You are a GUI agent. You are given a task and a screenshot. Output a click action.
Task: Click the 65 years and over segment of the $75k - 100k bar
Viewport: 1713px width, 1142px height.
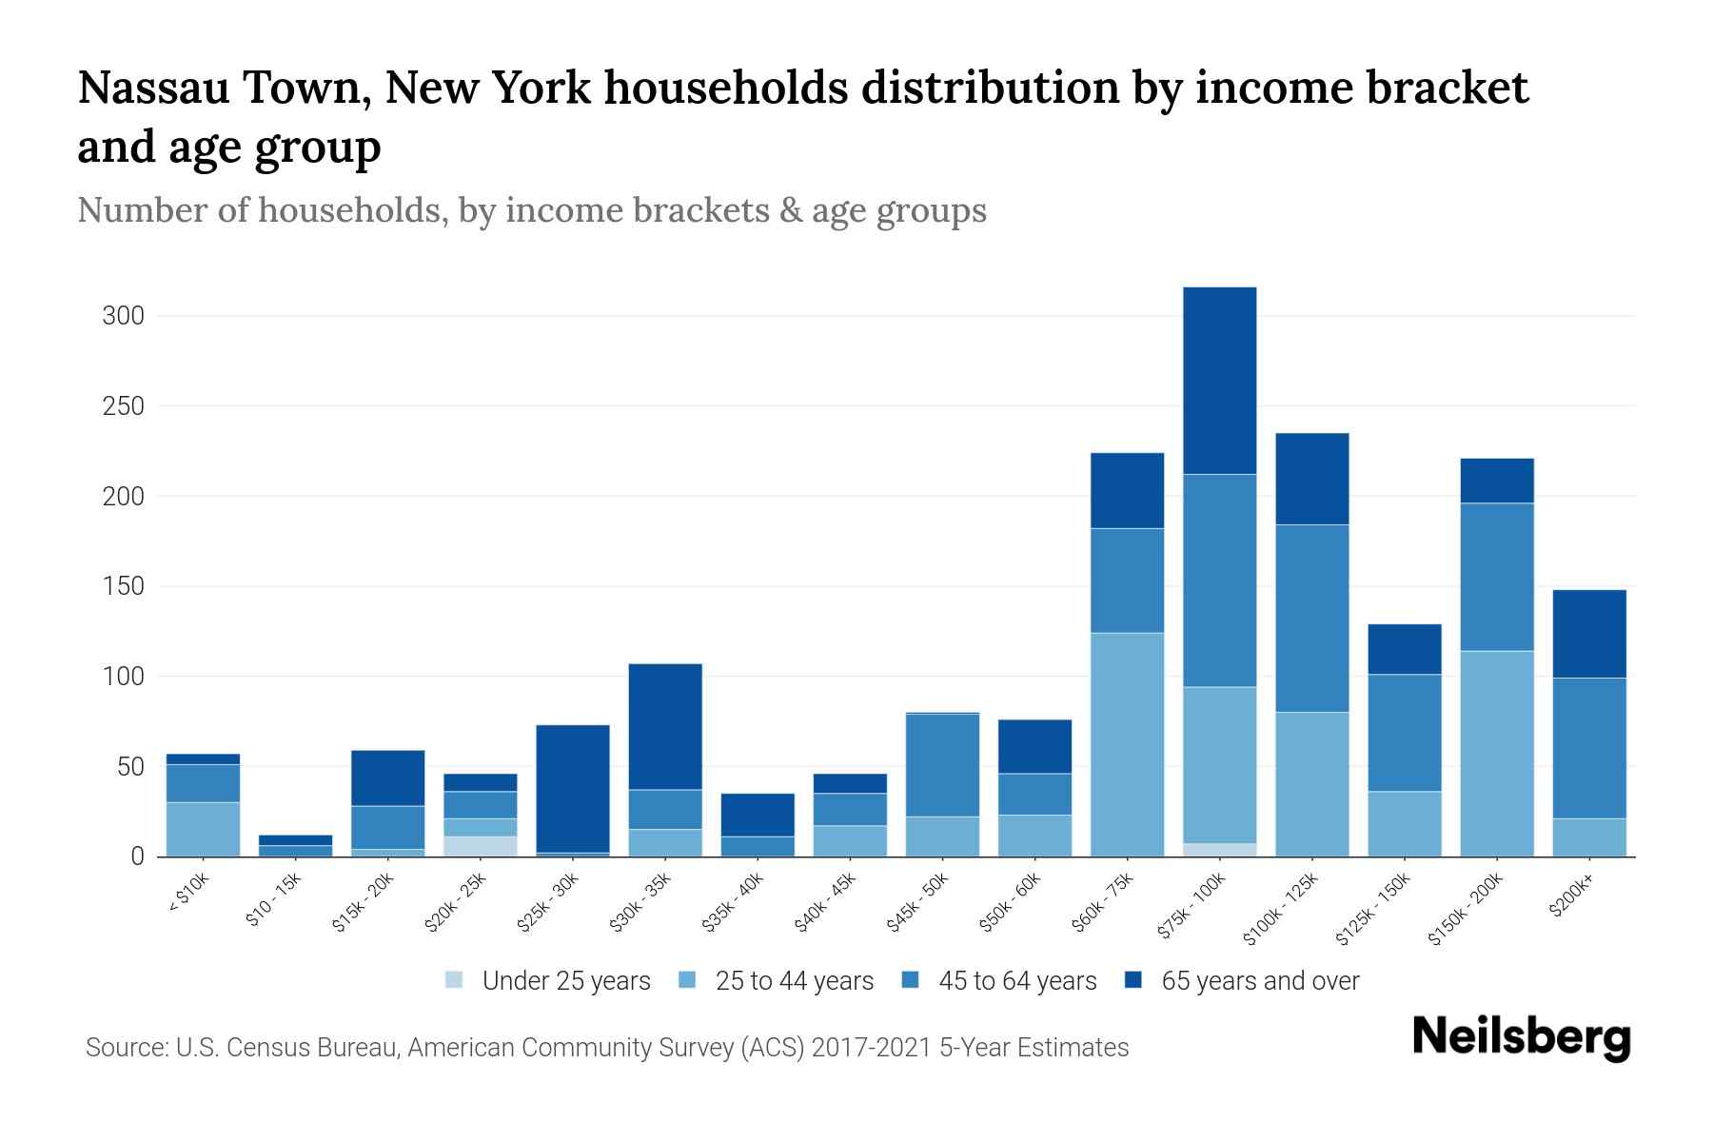click(1219, 381)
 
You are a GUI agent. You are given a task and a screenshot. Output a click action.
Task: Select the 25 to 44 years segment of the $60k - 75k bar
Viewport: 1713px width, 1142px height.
click(1127, 744)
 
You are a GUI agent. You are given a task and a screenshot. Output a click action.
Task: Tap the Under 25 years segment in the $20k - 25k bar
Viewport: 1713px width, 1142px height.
click(481, 846)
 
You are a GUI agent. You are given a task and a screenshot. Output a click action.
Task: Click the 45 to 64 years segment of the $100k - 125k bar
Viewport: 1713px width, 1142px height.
click(1311, 618)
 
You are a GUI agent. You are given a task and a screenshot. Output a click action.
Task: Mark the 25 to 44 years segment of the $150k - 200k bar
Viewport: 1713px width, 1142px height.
click(1496, 753)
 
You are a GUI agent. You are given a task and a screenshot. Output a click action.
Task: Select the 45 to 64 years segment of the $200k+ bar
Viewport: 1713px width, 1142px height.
click(1588, 748)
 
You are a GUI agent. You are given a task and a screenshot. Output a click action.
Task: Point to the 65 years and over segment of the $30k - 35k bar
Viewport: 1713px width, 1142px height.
click(665, 726)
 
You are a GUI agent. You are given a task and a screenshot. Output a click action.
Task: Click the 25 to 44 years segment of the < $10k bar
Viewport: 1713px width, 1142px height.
click(203, 829)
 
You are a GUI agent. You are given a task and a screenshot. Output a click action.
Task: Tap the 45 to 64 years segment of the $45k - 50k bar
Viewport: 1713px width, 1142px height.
click(942, 765)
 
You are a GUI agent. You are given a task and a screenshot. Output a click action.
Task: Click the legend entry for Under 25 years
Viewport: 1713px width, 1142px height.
click(548, 980)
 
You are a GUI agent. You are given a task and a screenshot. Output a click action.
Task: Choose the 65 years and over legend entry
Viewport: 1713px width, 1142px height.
click(1242, 980)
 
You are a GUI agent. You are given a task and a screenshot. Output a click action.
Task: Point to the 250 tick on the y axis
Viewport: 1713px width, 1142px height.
click(123, 406)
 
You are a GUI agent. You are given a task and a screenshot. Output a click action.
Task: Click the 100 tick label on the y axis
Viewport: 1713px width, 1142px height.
click(123, 677)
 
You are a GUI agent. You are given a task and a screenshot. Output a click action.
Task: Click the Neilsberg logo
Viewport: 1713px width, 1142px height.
click(1521, 1037)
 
